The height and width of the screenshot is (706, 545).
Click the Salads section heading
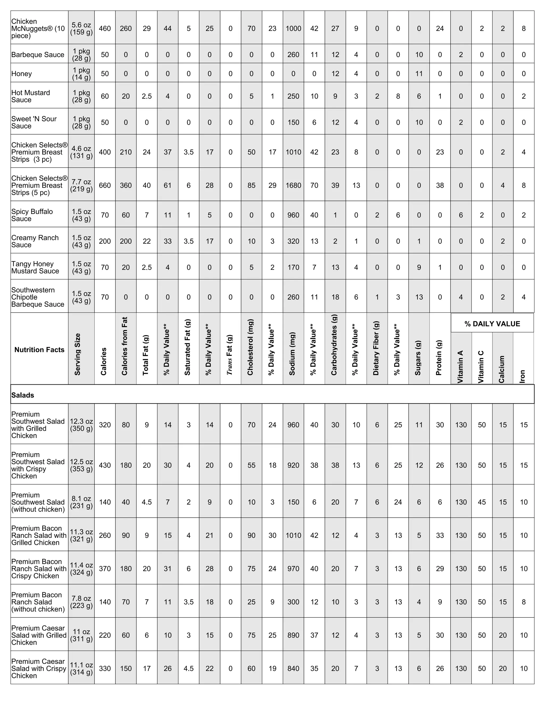(x=23, y=395)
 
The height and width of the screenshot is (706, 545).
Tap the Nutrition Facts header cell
(x=39, y=350)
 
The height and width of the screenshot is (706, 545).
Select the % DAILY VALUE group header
(x=492, y=324)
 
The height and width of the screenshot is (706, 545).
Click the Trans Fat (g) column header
(x=230, y=355)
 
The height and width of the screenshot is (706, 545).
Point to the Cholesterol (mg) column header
(x=251, y=347)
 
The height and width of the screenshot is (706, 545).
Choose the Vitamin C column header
(x=481, y=367)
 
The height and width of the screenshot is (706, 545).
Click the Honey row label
(x=22, y=74)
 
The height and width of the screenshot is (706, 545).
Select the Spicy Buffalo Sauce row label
(x=32, y=215)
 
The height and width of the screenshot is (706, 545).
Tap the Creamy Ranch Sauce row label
(x=35, y=241)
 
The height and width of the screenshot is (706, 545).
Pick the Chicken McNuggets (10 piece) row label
(x=38, y=29)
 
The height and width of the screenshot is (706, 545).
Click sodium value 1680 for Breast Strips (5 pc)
(x=293, y=185)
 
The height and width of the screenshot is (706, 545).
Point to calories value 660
(x=105, y=185)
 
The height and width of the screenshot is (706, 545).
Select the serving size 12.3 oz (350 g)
(x=81, y=425)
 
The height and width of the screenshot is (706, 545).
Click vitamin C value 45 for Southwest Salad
(x=482, y=502)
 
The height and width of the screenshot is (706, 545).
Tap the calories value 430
(x=105, y=465)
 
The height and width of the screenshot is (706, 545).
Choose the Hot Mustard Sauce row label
(x=31, y=96)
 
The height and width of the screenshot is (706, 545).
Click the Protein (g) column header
(x=439, y=358)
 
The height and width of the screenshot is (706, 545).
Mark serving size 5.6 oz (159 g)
(x=81, y=29)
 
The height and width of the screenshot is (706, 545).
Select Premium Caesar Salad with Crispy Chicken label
(x=38, y=668)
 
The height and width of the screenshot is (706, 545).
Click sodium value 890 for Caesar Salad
(x=293, y=635)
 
